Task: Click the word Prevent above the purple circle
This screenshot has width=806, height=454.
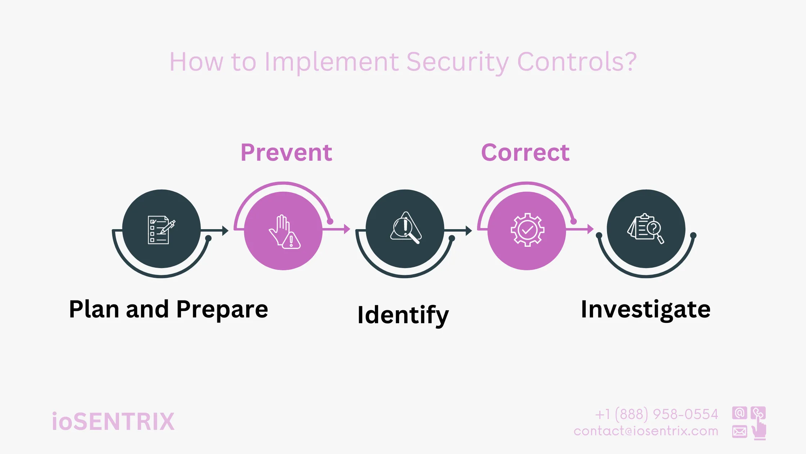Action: pyautogui.click(x=286, y=152)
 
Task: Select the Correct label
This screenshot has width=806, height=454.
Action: pyautogui.click(x=525, y=152)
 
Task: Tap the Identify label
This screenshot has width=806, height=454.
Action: pyautogui.click(x=403, y=315)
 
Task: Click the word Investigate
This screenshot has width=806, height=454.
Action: pyautogui.click(x=646, y=309)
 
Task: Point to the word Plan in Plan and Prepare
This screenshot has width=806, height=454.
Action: pyautogui.click(x=94, y=309)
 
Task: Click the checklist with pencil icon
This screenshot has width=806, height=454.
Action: pyautogui.click(x=161, y=230)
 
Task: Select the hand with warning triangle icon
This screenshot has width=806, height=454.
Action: pyautogui.click(x=284, y=232)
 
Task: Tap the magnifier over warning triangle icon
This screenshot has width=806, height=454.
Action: pyautogui.click(x=406, y=228)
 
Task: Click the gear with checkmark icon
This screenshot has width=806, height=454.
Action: pyautogui.click(x=527, y=230)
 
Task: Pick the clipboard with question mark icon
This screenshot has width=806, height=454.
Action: pyautogui.click(x=646, y=228)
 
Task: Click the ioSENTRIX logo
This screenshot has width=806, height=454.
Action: pyautogui.click(x=113, y=422)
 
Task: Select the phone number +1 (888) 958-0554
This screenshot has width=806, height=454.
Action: pyautogui.click(x=656, y=414)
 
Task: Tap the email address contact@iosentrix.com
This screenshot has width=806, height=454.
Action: pyautogui.click(x=646, y=431)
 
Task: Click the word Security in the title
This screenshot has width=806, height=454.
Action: pyautogui.click(x=457, y=62)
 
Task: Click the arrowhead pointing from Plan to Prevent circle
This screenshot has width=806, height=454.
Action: pyautogui.click(x=226, y=231)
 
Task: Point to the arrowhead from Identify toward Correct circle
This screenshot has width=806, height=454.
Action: pyautogui.click(x=468, y=231)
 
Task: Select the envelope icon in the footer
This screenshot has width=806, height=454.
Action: pyautogui.click(x=739, y=431)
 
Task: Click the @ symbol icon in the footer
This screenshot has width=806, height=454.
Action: pyautogui.click(x=739, y=413)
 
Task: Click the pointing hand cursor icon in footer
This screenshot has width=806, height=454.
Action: pyautogui.click(x=759, y=429)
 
